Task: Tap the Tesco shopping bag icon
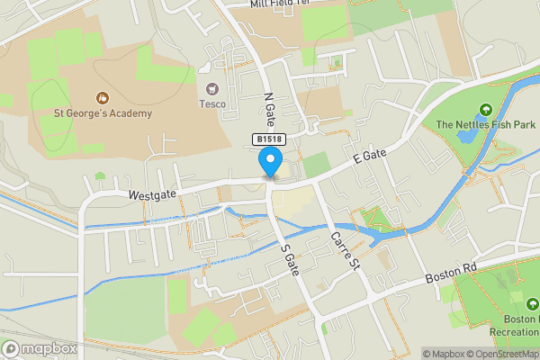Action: [x=212, y=88]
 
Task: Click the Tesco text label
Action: [x=212, y=103]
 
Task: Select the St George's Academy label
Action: [x=103, y=113]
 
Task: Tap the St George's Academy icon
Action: [x=102, y=97]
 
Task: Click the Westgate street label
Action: [x=150, y=193]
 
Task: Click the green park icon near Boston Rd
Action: [x=515, y=298]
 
